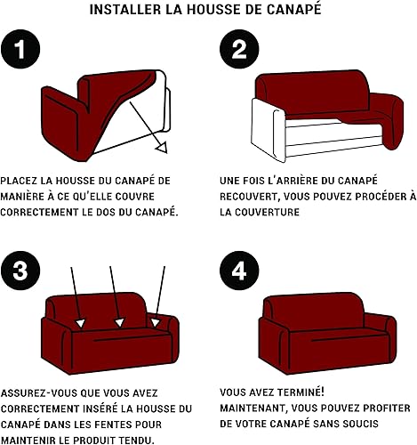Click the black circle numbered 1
tap(20, 49)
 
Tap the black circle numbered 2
tap(239, 49)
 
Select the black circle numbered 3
tap(20, 271)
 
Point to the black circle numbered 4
tap(239, 271)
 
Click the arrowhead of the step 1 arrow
tap(162, 147)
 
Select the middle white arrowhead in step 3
tap(119, 322)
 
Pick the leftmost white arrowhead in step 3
tap(80, 323)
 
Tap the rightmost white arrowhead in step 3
tap(155, 322)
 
